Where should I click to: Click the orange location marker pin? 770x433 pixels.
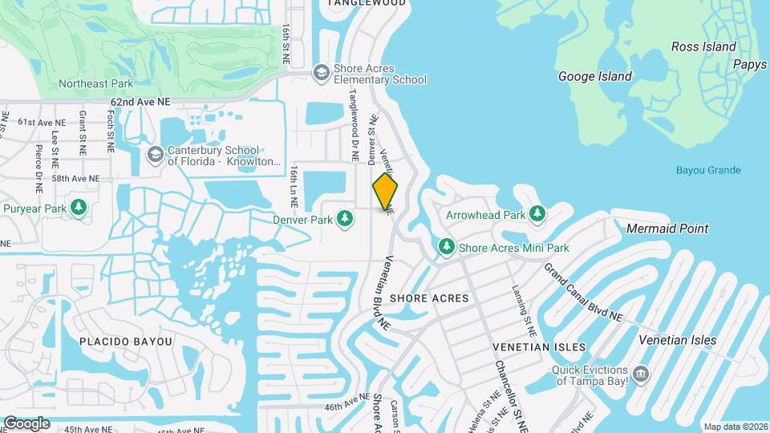pyautogui.click(x=385, y=192)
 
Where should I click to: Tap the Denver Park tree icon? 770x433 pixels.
pyautogui.click(x=345, y=218)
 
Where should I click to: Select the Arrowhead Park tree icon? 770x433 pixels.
pyautogui.click(x=537, y=214)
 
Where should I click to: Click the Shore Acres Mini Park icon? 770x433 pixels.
pyautogui.click(x=446, y=247)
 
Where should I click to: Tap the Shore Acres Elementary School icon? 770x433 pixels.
pyautogui.click(x=321, y=73)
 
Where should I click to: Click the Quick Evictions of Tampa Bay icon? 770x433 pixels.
pyautogui.click(x=640, y=374)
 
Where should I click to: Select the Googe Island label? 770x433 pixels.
pyautogui.click(x=595, y=76)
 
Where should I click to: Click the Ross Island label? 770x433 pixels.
pyautogui.click(x=703, y=47)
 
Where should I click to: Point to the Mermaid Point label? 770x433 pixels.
pyautogui.click(x=667, y=229)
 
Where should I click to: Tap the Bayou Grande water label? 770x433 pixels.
pyautogui.click(x=708, y=170)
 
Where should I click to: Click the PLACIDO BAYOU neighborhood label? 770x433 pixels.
pyautogui.click(x=126, y=342)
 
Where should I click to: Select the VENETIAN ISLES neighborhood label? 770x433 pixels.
pyautogui.click(x=539, y=346)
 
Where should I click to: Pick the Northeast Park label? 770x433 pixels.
pyautogui.click(x=95, y=83)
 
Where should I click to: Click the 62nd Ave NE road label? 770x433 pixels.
pyautogui.click(x=141, y=103)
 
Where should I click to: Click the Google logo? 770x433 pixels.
pyautogui.click(x=26, y=423)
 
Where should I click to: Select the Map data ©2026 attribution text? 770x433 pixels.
pyautogui.click(x=736, y=426)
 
